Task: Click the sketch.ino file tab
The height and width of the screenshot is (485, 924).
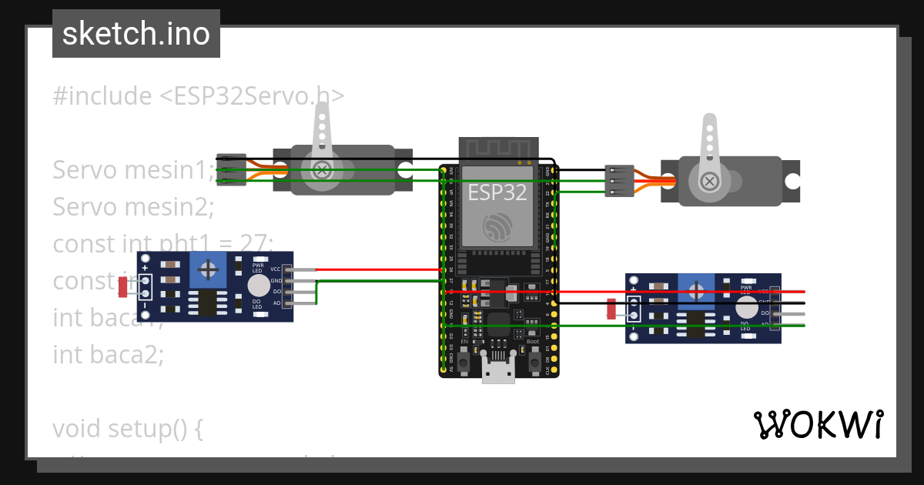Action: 136,34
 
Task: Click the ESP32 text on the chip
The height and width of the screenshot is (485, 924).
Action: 497,192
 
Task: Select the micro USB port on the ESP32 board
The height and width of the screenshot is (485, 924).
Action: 498,372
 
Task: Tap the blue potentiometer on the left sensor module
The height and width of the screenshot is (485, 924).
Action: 208,269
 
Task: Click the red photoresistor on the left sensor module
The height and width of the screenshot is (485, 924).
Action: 122,287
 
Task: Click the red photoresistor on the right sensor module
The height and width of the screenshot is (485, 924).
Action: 611,309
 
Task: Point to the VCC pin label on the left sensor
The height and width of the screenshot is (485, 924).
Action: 276,269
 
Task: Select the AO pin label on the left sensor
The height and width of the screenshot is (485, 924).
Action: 276,303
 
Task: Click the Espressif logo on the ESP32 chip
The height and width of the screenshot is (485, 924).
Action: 497,226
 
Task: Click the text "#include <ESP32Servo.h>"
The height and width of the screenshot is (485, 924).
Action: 199,96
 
